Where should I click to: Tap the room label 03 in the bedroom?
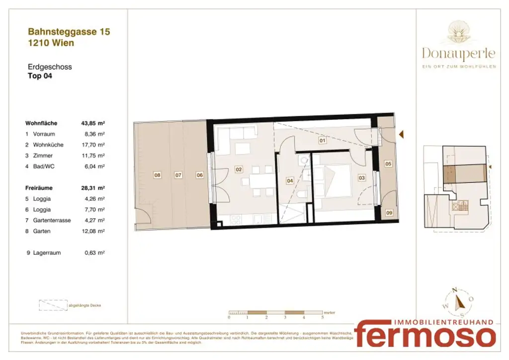pyautogui.click(x=361, y=177)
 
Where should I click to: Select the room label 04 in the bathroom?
pyautogui.click(x=290, y=181)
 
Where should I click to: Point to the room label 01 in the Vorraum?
pyautogui.click(x=322, y=141)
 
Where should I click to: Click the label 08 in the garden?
pyautogui.click(x=157, y=175)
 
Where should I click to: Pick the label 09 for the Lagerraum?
pyautogui.click(x=389, y=213)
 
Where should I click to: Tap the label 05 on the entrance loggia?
pyautogui.click(x=388, y=163)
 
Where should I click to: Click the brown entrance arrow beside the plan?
pyautogui.click(x=401, y=134)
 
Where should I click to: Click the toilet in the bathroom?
pyautogui.click(x=302, y=195)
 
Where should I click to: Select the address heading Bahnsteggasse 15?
pyautogui.click(x=69, y=32)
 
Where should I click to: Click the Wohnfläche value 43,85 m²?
pyautogui.click(x=92, y=123)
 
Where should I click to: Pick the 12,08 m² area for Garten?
pyautogui.click(x=94, y=231)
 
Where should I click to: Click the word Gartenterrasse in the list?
pyautogui.click(x=52, y=220)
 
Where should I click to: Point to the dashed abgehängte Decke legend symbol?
pyautogui.click(x=53, y=305)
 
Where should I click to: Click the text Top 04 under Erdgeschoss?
pyautogui.click(x=39, y=76)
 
